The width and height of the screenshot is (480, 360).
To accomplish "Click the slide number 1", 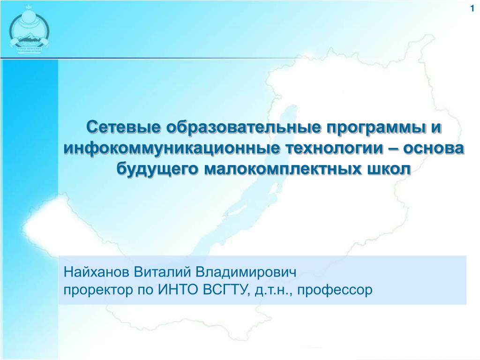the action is [472, 8].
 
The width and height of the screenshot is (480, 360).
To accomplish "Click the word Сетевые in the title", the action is [123, 127].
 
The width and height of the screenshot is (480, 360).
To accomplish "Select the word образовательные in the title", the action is [244, 127].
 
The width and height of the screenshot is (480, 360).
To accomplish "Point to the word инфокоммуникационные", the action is [172, 149].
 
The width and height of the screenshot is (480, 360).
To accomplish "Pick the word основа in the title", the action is [434, 149].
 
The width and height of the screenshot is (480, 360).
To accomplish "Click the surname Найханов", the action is [97, 272].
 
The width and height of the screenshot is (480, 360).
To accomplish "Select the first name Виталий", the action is [162, 272].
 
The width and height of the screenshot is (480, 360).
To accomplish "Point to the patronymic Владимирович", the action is [246, 272].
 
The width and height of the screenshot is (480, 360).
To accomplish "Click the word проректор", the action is [98, 290].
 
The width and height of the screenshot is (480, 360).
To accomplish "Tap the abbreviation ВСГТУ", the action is [225, 290].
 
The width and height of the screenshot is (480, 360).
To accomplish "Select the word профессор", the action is [335, 290].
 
